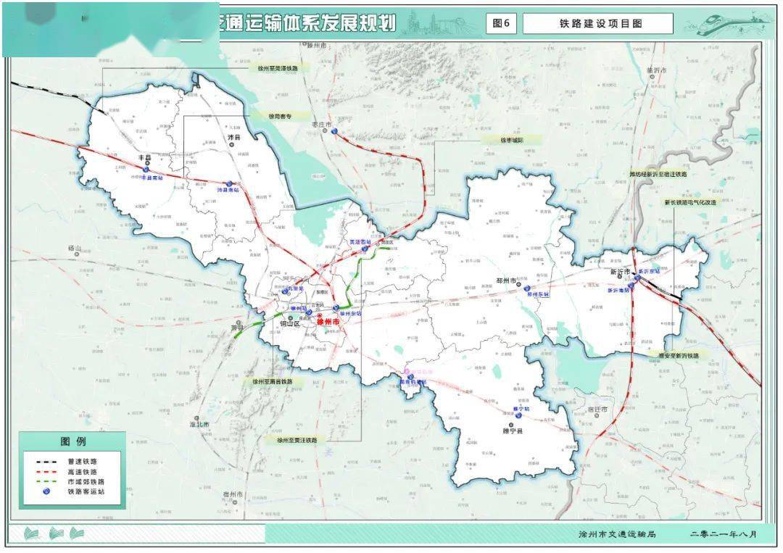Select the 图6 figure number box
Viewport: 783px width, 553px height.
[501, 24]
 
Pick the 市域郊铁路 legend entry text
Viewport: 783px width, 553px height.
[86, 481]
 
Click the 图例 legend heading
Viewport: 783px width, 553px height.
[72, 441]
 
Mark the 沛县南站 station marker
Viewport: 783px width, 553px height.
[230, 183]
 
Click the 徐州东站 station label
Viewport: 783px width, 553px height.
[350, 314]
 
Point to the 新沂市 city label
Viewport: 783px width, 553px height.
[620, 273]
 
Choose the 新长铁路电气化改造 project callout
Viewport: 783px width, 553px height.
[689, 203]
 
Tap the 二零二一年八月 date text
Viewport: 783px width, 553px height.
[723, 534]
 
